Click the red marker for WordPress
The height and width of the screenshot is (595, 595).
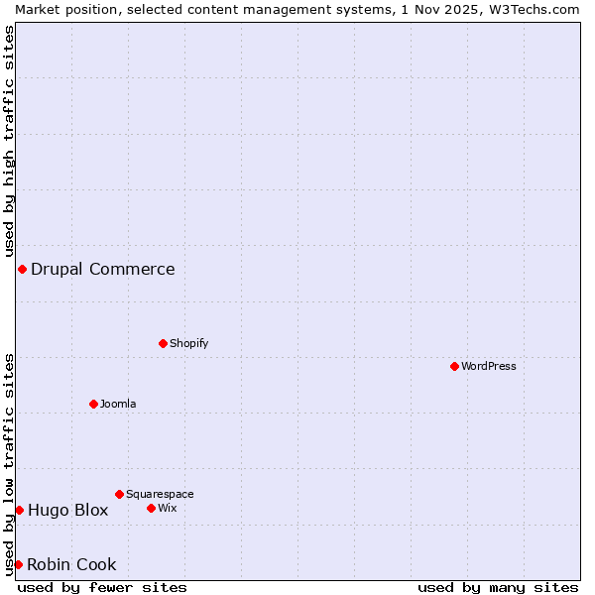click(454, 366)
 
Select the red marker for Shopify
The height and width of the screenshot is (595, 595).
click(163, 343)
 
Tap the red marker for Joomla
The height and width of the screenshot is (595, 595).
click(93, 404)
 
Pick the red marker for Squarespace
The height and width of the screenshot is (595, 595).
click(119, 494)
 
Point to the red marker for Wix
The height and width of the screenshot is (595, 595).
click(151, 508)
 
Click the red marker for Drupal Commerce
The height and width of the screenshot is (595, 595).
click(22, 269)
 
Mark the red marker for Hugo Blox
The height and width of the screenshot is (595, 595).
click(19, 510)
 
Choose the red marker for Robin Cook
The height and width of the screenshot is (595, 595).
click(18, 564)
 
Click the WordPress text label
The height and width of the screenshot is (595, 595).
click(489, 366)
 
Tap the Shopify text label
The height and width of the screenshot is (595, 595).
click(188, 343)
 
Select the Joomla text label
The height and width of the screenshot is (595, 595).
click(118, 404)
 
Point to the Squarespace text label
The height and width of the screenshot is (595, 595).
click(160, 494)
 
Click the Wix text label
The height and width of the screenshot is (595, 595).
click(167, 508)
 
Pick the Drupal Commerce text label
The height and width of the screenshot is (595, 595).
click(103, 269)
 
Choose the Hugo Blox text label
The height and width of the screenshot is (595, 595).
click(68, 510)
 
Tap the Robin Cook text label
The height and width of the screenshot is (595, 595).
click(71, 564)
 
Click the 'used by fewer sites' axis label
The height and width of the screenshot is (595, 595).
click(102, 587)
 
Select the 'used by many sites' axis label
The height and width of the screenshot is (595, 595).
click(498, 587)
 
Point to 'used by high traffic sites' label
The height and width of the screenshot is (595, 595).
click(9, 141)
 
